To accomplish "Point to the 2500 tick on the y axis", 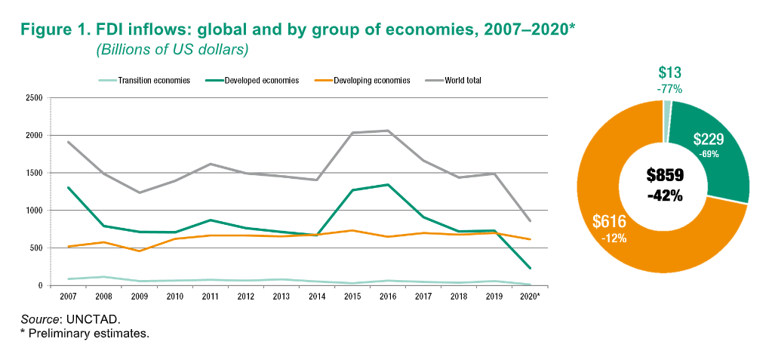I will [33, 98].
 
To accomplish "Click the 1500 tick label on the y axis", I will [33, 173].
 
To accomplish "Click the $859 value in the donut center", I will [665, 176].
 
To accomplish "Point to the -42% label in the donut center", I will [665, 195].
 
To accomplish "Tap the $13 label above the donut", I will [669, 72].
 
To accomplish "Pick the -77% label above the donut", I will [669, 89].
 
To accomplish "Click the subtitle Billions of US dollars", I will [172, 50].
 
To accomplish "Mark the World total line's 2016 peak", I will [388, 131].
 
